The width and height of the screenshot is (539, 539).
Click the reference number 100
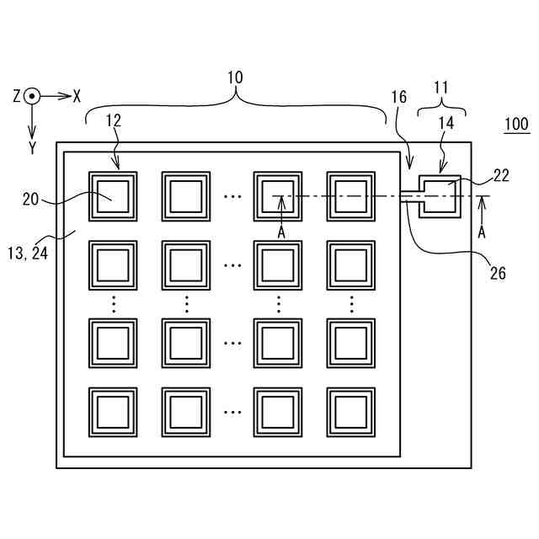[517, 124]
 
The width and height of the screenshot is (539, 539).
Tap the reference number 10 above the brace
[235, 77]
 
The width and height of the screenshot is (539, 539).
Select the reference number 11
[441, 88]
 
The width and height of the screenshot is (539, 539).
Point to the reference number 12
[113, 120]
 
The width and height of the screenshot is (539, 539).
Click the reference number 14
[446, 123]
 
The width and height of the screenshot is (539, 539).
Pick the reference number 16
[398, 98]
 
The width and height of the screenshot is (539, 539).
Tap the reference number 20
[30, 200]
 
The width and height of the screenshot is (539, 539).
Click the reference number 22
[501, 176]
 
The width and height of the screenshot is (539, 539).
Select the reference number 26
[498, 274]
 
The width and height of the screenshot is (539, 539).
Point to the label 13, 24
[28, 253]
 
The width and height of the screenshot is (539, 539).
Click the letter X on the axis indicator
[77, 96]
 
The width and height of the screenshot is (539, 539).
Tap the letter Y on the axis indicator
[32, 148]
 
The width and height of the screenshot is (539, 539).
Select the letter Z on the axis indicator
[17, 96]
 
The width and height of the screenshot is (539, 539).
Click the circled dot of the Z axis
[32, 96]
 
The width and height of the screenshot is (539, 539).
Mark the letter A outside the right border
[482, 232]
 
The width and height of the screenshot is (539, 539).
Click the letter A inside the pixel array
[281, 233]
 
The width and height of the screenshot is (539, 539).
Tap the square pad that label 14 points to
[440, 196]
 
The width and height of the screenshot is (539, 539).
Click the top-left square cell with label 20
[113, 196]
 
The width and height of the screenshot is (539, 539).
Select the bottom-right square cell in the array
[351, 412]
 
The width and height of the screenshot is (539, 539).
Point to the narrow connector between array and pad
[410, 196]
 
